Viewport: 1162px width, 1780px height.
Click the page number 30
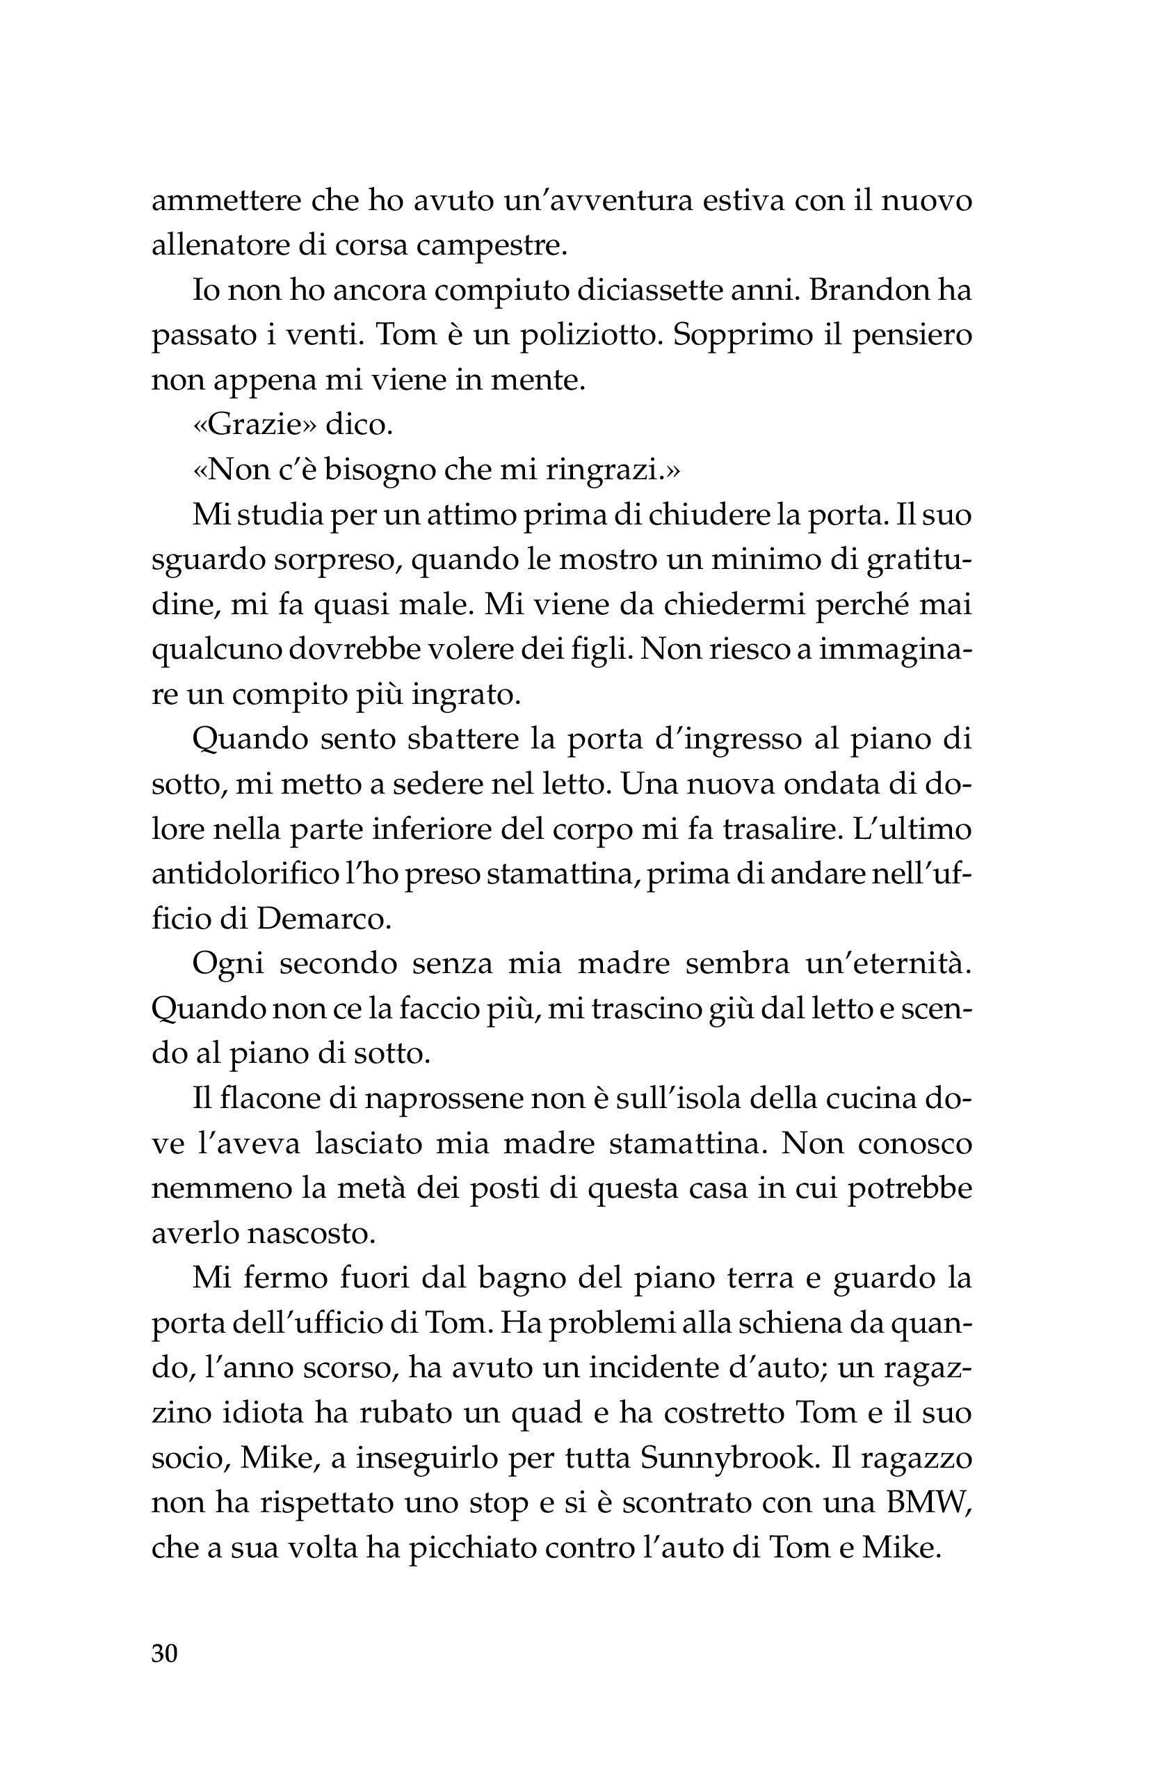pos(165,1653)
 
